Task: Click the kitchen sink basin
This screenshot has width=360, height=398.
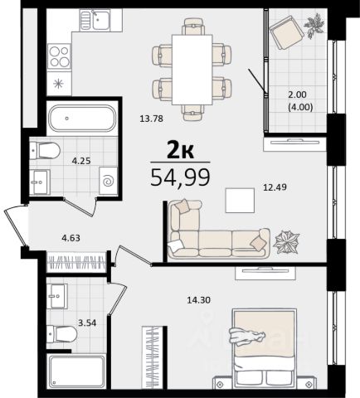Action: click(x=101, y=20)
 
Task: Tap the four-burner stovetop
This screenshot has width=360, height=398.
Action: click(x=59, y=56)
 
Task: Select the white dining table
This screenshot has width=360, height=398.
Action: click(x=192, y=70)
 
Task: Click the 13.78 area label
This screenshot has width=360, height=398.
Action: click(x=151, y=119)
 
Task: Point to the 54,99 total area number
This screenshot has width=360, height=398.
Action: click(x=180, y=177)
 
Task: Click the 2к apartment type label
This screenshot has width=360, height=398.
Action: click(x=180, y=150)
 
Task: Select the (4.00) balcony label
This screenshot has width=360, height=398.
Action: click(x=300, y=107)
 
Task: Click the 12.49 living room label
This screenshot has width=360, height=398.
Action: click(x=275, y=187)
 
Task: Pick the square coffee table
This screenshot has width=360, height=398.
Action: click(x=240, y=201)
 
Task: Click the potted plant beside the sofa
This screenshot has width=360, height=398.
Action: click(x=286, y=242)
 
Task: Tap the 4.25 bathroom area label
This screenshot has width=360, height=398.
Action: click(x=81, y=161)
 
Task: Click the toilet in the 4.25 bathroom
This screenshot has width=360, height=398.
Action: click(x=45, y=151)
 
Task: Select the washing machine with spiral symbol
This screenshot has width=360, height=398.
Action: click(x=108, y=181)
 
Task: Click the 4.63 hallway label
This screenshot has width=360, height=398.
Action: click(x=71, y=238)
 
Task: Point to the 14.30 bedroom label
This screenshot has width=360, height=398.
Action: click(x=198, y=299)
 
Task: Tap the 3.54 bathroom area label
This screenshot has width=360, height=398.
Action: click(x=87, y=323)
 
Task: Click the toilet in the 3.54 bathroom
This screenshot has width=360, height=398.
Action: click(x=61, y=334)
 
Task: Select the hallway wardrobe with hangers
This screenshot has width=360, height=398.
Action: click(x=76, y=262)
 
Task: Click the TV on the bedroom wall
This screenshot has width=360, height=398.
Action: click(x=265, y=273)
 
